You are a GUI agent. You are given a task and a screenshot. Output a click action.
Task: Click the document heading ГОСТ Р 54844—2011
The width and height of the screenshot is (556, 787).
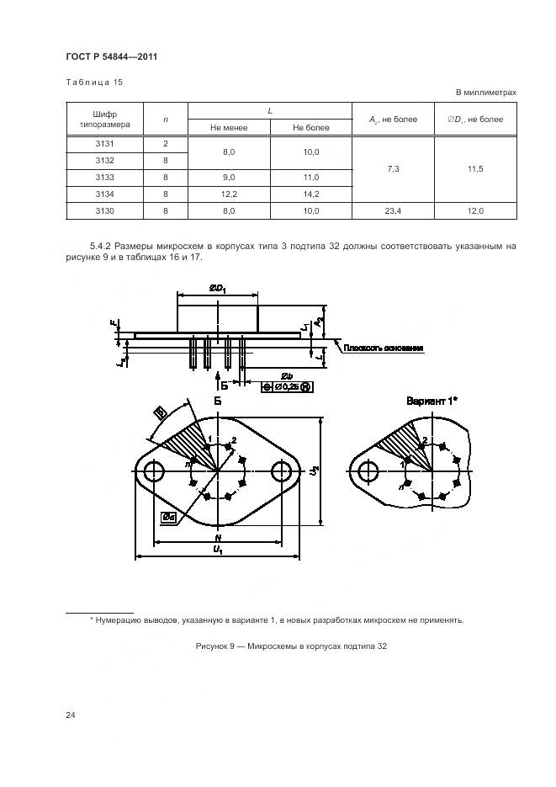point(112,56)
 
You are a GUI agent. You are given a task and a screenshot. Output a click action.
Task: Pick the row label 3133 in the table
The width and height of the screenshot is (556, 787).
point(105,177)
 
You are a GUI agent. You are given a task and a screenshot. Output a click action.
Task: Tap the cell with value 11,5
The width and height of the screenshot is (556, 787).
point(475,169)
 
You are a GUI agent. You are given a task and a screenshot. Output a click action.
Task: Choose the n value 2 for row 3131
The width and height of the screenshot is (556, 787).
point(166,143)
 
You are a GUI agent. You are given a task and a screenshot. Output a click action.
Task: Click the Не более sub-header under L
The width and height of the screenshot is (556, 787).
point(310,128)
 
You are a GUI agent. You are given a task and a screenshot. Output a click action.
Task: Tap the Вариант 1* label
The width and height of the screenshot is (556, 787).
point(432,401)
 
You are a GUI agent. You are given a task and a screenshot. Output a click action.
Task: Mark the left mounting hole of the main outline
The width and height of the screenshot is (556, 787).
point(153,472)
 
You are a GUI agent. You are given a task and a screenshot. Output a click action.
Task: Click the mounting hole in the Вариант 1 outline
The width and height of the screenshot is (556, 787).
point(367,472)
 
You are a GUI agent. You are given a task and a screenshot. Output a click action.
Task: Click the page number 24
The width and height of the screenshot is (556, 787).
point(71,715)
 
